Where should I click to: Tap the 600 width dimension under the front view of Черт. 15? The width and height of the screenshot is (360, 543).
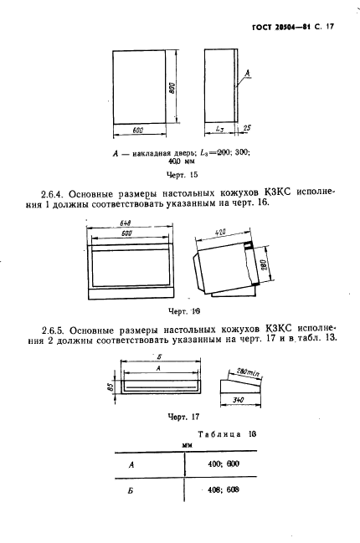(138, 131)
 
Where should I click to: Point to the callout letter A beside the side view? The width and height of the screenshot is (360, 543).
(249, 74)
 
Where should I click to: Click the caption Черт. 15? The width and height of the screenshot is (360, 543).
(181, 175)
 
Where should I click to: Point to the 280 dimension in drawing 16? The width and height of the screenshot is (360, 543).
(265, 267)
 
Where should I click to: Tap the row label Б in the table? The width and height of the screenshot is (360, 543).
(131, 491)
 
